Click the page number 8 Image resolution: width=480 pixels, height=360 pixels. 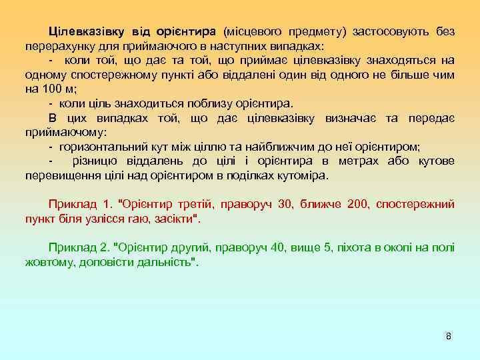pyautogui.click(x=449, y=336)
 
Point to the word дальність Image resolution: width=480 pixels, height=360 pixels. pyautogui.click(x=166, y=262)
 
